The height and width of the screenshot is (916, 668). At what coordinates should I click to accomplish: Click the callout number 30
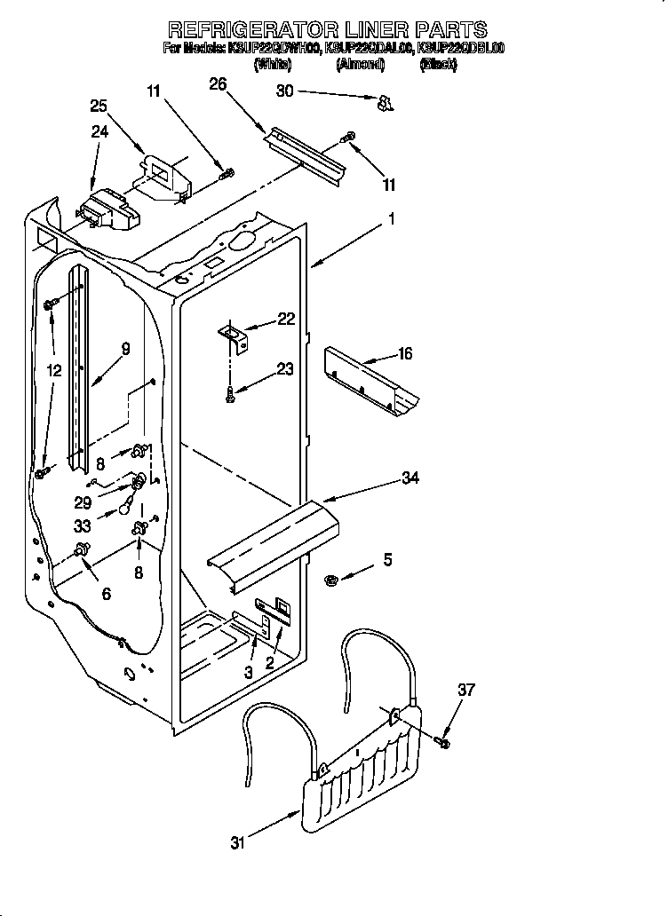pyautogui.click(x=284, y=91)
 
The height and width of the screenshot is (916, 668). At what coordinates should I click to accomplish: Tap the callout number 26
pyautogui.click(x=218, y=84)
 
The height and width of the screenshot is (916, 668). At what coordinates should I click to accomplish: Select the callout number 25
pyautogui.click(x=99, y=107)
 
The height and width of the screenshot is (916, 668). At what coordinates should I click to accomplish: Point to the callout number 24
pyautogui.click(x=99, y=132)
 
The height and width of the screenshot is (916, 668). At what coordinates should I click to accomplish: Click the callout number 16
pyautogui.click(x=404, y=354)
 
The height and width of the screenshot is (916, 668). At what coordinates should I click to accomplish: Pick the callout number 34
pyautogui.click(x=410, y=478)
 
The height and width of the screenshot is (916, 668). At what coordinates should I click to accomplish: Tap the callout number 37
pyautogui.click(x=466, y=690)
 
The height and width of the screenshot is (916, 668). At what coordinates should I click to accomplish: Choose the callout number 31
pyautogui.click(x=237, y=843)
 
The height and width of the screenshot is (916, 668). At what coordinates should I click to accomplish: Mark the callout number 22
pyautogui.click(x=286, y=320)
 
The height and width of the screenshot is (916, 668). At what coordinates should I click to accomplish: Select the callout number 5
pyautogui.click(x=387, y=559)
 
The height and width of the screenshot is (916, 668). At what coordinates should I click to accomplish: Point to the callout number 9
pyautogui.click(x=125, y=349)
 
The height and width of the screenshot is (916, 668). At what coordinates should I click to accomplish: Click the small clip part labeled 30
pyautogui.click(x=384, y=105)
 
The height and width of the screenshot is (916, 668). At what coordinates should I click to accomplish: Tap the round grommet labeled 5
pyautogui.click(x=330, y=580)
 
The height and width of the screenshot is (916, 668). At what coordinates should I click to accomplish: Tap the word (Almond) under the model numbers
pyautogui.click(x=359, y=65)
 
